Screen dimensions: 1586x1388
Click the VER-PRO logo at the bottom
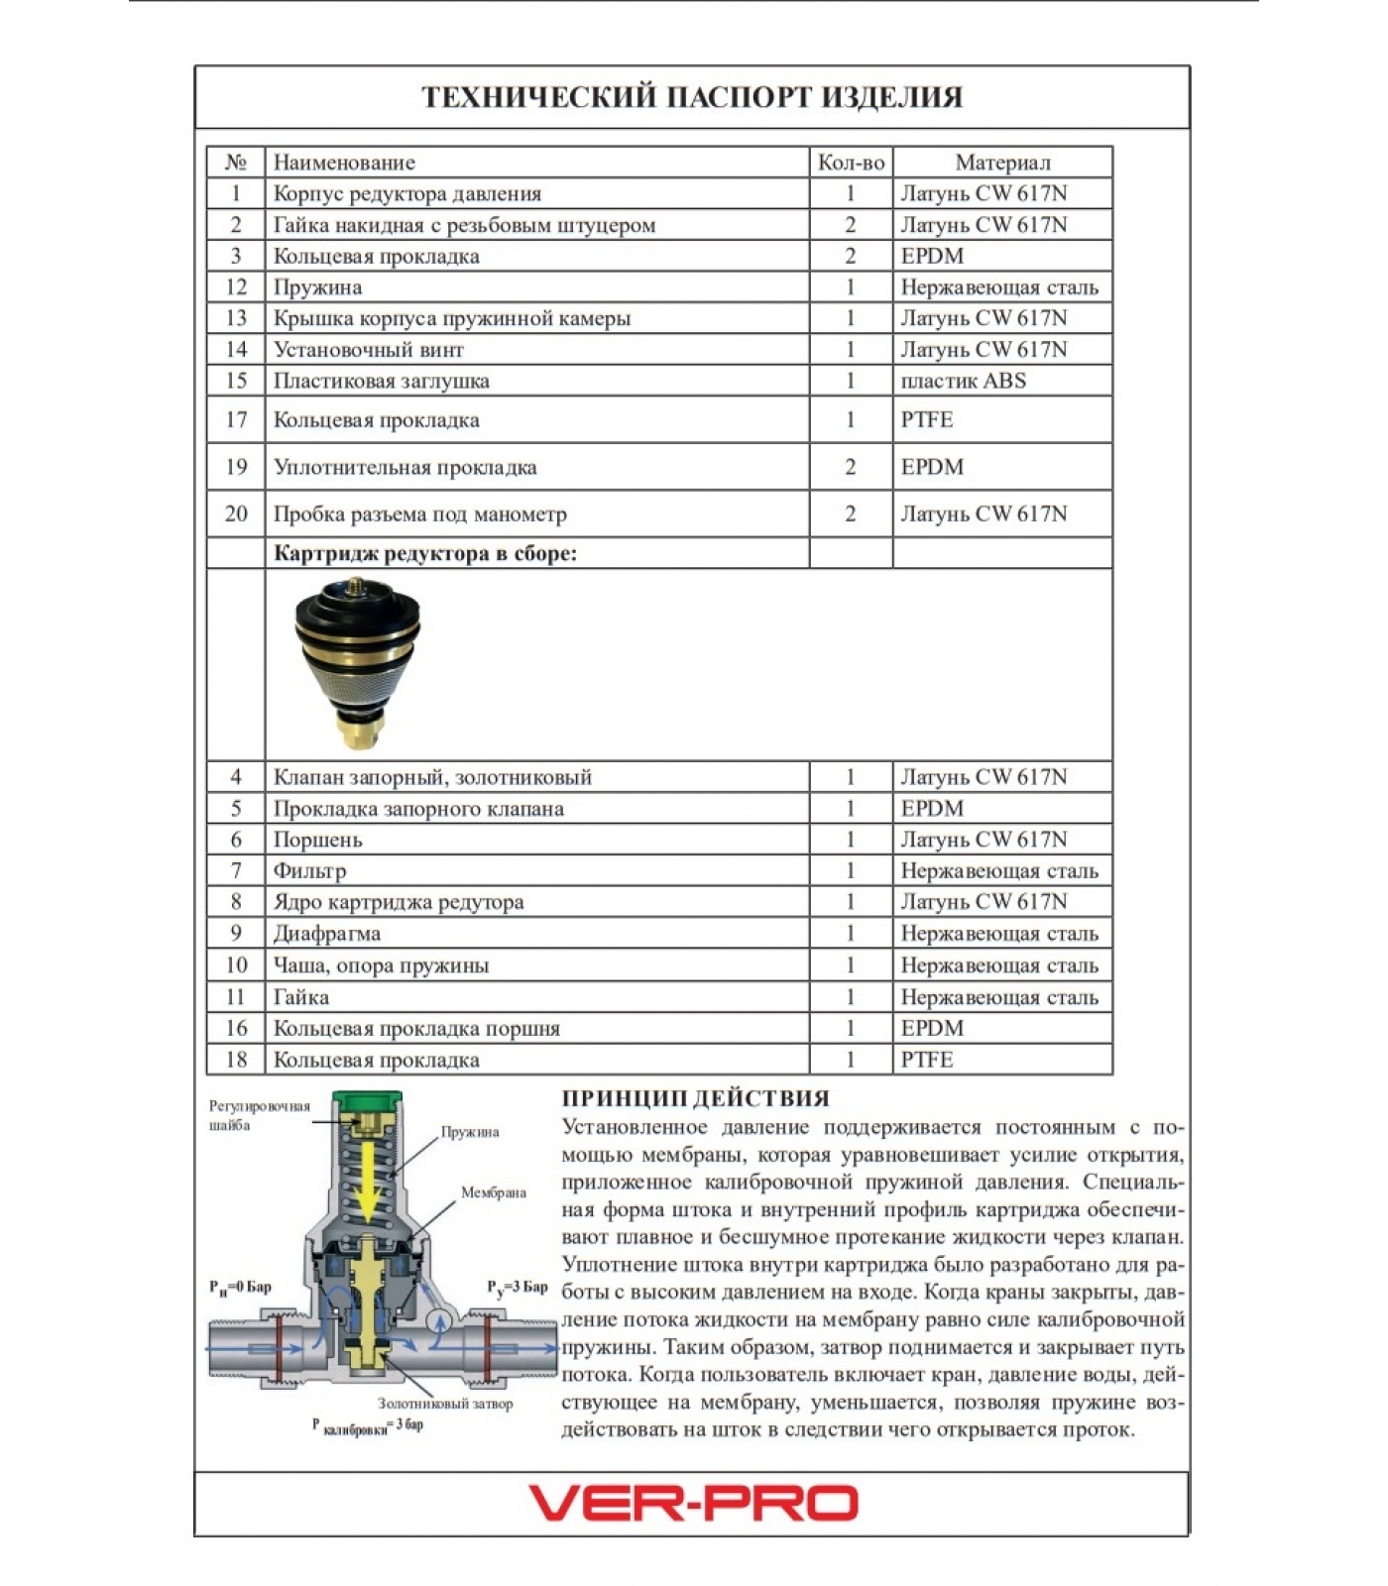(x=693, y=1503)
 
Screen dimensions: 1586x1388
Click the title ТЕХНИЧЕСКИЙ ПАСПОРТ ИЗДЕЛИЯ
(x=692, y=97)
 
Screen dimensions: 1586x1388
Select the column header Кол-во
(x=851, y=163)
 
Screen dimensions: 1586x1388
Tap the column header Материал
(x=1002, y=163)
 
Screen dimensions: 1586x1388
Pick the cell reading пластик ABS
(x=963, y=381)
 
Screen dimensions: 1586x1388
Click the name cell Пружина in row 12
(x=318, y=287)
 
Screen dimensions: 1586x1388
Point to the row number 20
(x=236, y=513)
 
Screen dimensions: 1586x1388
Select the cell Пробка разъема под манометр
(x=420, y=514)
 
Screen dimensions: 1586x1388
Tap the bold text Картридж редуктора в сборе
(x=424, y=553)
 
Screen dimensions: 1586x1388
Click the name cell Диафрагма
(x=327, y=934)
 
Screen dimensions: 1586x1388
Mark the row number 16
(x=236, y=1028)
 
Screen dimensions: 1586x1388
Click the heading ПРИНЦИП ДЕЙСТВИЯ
(x=695, y=1098)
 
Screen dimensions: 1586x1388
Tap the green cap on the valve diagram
(x=367, y=1100)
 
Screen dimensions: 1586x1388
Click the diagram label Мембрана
(x=493, y=1192)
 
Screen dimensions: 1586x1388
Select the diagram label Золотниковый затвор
(x=445, y=1404)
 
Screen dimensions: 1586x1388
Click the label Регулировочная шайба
(x=259, y=1115)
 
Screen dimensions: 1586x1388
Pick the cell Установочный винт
(x=369, y=350)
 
